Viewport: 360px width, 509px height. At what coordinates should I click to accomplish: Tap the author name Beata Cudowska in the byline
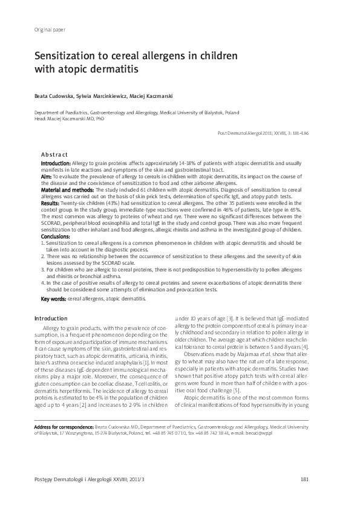tap(53, 96)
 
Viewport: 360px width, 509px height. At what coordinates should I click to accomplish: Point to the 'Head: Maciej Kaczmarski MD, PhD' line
tap(69, 119)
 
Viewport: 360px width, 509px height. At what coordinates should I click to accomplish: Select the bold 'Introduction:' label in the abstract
tap(55, 164)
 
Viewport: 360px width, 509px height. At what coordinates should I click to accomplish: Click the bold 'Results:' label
tap(50, 204)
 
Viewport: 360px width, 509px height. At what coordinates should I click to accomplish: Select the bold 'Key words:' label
tap(53, 299)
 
